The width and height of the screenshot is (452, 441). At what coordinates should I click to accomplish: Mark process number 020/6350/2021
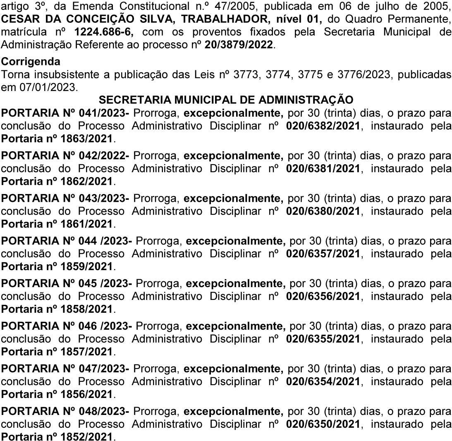(x=323, y=427)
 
